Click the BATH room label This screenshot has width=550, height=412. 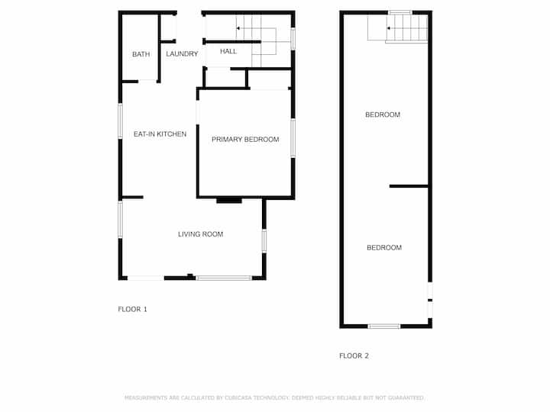tap(141, 54)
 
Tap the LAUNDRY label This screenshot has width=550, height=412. tap(182, 54)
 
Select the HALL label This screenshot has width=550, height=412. tap(228, 52)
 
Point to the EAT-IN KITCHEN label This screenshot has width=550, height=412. tap(160, 134)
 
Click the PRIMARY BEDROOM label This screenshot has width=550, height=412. tap(245, 140)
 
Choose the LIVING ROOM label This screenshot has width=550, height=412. tap(200, 234)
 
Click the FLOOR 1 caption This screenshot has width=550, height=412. tap(132, 309)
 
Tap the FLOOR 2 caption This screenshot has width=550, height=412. tap(354, 356)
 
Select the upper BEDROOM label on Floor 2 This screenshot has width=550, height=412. tap(383, 115)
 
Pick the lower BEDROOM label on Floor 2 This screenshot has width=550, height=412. tap(384, 248)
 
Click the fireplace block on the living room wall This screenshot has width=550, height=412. tap(229, 201)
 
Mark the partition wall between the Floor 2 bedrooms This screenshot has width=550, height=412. tap(409, 186)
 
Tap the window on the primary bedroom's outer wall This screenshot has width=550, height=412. tap(293, 138)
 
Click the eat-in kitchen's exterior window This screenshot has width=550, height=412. tap(121, 121)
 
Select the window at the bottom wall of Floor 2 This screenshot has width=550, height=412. tap(384, 327)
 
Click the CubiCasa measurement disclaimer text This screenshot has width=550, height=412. tap(274, 398)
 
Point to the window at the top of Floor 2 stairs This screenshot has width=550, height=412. tap(400, 13)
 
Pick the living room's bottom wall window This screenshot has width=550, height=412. tap(224, 278)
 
